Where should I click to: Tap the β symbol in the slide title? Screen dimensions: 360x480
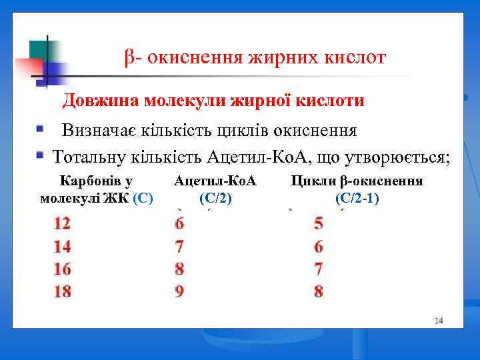129,59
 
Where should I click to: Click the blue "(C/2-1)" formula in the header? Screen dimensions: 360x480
357,197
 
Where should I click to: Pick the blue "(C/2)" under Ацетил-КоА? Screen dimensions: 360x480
215,197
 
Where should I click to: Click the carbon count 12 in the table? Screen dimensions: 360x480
62,223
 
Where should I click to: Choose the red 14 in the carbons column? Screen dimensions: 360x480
62,247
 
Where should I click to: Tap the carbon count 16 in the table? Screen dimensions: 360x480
62,269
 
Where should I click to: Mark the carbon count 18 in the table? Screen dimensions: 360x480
62,292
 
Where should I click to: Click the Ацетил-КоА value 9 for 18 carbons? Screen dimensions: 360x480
179,292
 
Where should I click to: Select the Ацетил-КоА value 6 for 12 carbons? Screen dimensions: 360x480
179,223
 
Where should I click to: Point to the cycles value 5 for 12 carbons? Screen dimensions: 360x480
319,223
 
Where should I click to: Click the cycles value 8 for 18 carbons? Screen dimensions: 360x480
319,292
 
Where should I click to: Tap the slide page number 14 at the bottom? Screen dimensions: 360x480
438,321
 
